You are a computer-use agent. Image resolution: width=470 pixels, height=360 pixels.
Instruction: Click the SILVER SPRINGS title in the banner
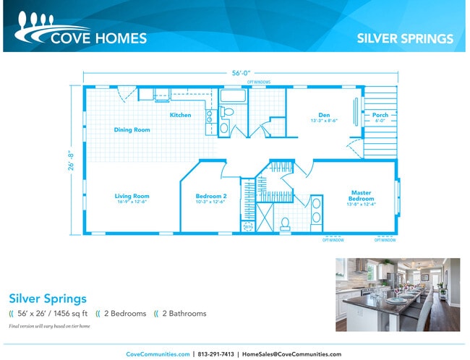tap(405, 38)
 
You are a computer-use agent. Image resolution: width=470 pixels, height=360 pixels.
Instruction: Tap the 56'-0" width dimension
tap(241, 74)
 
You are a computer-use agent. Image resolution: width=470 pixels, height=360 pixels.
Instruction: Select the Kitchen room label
tap(180, 115)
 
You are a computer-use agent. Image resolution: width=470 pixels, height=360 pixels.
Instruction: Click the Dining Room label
tap(132, 130)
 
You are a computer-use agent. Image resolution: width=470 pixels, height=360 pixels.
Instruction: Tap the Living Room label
tap(132, 196)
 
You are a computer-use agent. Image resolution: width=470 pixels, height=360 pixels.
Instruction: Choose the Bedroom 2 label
tap(211, 196)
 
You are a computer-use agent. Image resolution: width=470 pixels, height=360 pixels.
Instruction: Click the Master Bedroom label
tap(361, 195)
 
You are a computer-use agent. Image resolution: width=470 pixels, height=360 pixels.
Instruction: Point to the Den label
tap(324, 114)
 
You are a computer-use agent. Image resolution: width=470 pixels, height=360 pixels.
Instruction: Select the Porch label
tap(380, 115)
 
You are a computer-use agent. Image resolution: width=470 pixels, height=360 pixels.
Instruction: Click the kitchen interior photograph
tap(397, 294)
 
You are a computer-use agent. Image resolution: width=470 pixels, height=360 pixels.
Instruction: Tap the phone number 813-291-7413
tap(217, 354)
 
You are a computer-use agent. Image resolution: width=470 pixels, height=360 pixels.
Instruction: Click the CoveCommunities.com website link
tap(158, 354)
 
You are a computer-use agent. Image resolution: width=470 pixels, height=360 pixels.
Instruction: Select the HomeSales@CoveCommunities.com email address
tap(291, 354)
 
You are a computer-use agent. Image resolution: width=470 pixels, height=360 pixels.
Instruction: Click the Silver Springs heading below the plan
tap(48, 298)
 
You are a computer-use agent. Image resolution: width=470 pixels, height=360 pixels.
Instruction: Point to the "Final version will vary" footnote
tap(50, 327)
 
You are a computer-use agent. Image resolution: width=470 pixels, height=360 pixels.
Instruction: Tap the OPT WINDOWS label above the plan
tap(259, 82)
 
